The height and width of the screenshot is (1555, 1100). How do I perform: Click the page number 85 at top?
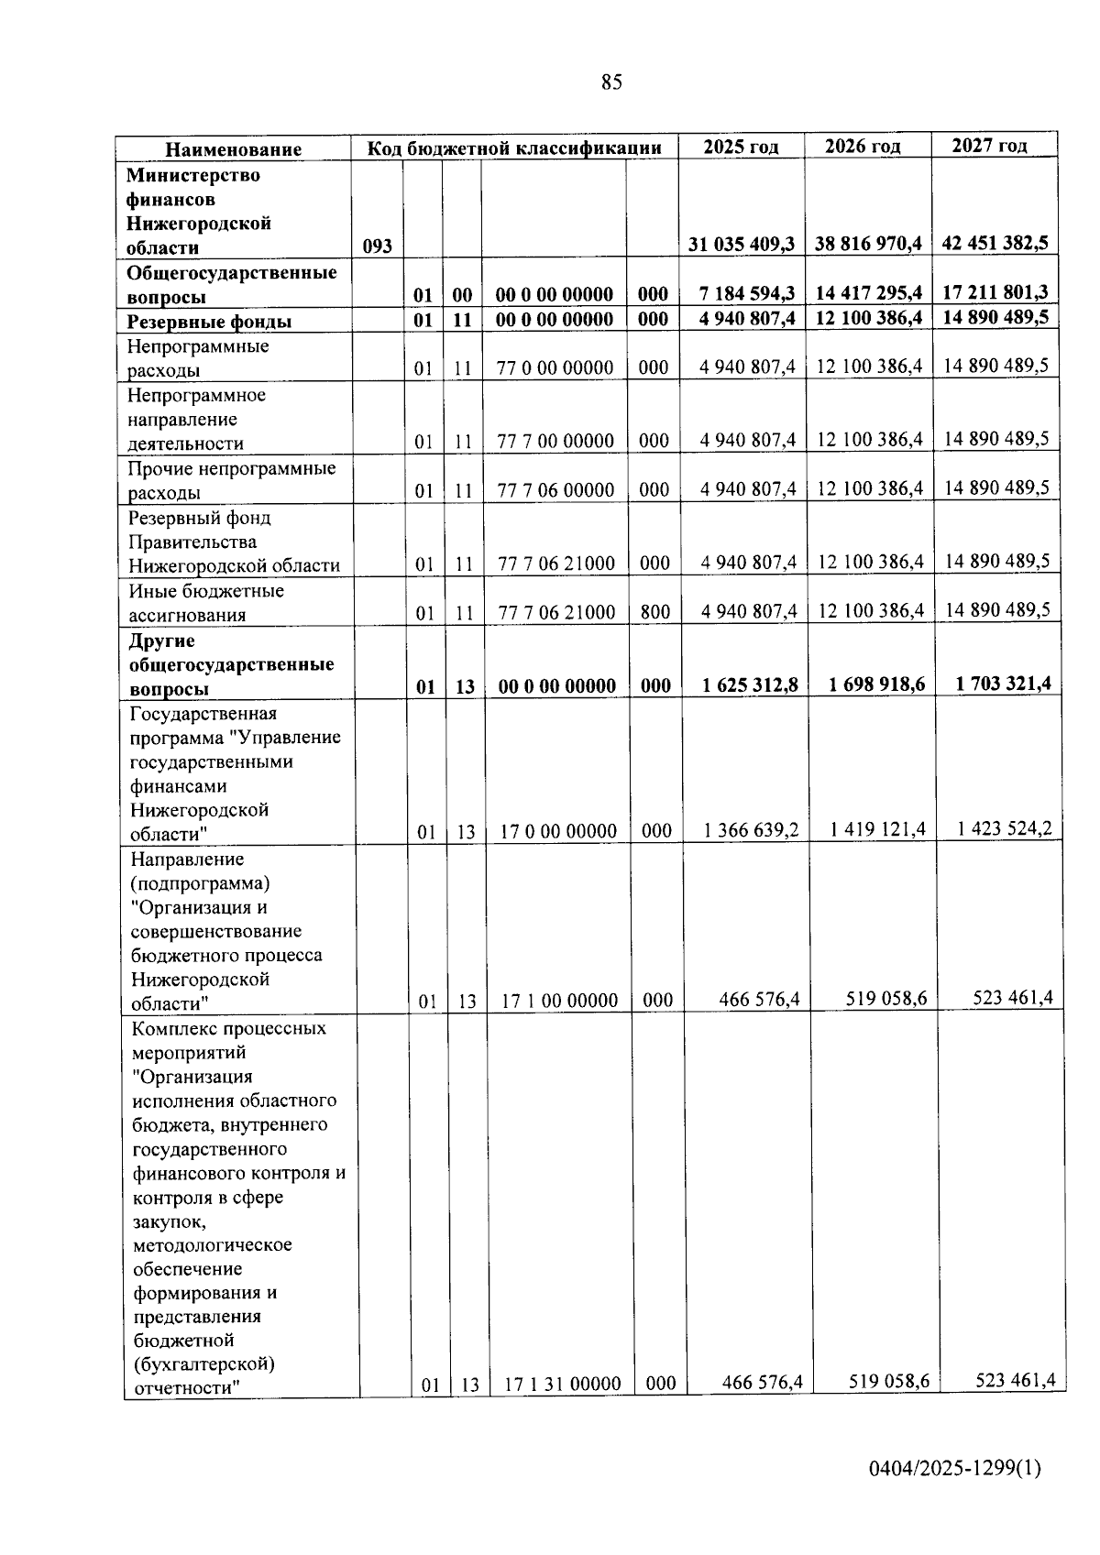click(611, 82)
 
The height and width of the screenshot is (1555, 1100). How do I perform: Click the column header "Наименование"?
click(233, 149)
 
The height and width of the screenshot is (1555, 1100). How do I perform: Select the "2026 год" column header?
click(863, 147)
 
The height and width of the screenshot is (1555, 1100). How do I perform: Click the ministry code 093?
click(377, 246)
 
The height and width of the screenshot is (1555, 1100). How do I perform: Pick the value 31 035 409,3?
click(742, 245)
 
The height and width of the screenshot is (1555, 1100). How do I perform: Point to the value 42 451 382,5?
click(995, 243)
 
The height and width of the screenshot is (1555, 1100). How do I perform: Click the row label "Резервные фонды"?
click(209, 322)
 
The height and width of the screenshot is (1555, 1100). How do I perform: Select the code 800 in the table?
click(654, 612)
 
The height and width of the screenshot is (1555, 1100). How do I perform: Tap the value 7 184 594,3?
click(746, 293)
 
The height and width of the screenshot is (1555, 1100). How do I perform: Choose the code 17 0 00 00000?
click(558, 831)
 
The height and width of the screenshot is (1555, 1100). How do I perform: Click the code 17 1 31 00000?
click(562, 1384)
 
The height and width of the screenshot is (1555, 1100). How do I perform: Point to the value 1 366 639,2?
click(751, 830)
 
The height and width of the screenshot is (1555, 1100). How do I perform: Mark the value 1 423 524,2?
click(1005, 828)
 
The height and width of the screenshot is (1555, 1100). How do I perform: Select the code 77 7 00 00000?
click(555, 441)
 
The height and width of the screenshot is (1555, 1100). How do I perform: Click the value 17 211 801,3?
click(995, 291)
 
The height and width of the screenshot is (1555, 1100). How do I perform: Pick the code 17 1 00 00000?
click(559, 1001)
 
